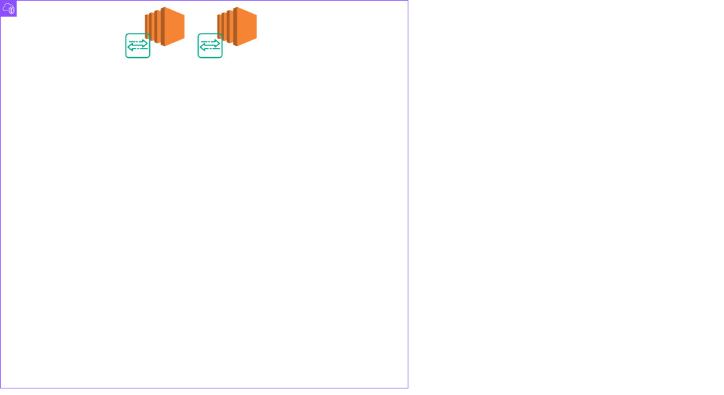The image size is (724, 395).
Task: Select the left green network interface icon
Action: point(138,45)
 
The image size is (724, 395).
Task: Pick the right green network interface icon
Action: point(210,45)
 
